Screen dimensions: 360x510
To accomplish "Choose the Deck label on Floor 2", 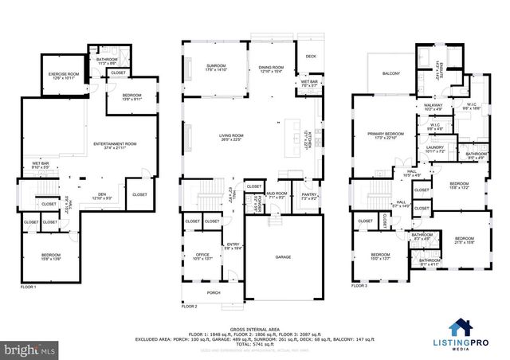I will click(x=310, y=56).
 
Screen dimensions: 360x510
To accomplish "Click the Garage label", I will click(x=282, y=257).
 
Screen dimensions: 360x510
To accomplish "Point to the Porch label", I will click(x=214, y=292).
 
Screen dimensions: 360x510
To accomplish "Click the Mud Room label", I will click(x=277, y=194).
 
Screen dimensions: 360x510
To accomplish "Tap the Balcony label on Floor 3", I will click(x=391, y=74).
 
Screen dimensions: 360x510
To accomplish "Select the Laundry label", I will click(x=434, y=148).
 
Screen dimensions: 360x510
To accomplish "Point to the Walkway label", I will click(x=433, y=107).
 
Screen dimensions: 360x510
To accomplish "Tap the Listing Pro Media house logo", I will click(x=460, y=327).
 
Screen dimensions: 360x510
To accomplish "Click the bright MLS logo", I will click(x=28, y=349).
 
